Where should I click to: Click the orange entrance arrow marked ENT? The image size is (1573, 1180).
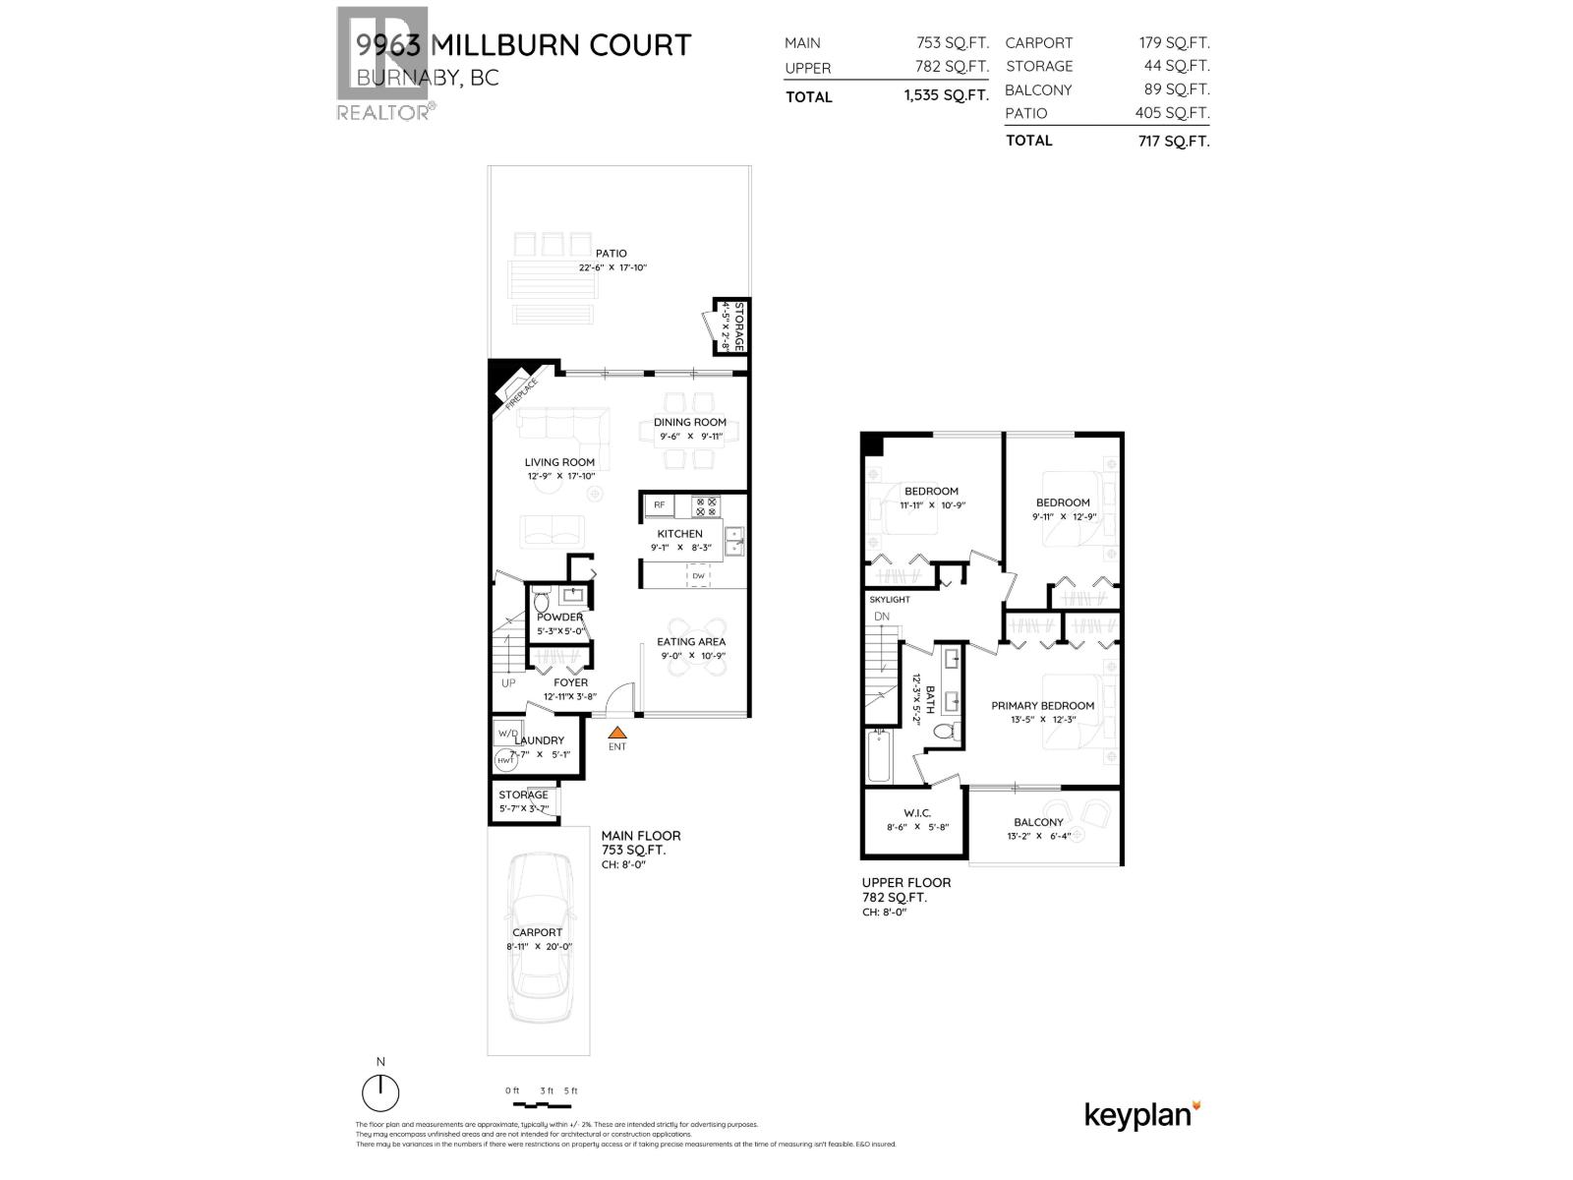click(x=616, y=733)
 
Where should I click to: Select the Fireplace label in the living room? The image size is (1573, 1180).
click(x=520, y=393)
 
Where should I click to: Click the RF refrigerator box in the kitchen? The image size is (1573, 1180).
click(x=659, y=505)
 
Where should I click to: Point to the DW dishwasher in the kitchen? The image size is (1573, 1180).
click(x=698, y=576)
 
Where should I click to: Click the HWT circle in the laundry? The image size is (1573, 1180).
click(x=506, y=760)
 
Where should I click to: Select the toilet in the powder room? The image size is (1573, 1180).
click(x=542, y=601)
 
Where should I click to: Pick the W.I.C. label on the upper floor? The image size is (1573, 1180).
click(x=916, y=813)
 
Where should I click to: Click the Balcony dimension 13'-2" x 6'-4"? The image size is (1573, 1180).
click(x=1038, y=837)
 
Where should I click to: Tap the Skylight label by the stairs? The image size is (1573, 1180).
click(x=890, y=599)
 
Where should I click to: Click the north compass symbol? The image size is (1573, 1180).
click(x=380, y=1092)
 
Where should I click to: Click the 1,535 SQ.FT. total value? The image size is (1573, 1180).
click(x=946, y=96)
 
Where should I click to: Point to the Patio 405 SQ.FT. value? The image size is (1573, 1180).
click(x=1172, y=113)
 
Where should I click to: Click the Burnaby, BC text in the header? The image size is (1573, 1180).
click(x=428, y=79)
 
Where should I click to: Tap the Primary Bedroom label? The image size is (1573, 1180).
click(x=1042, y=705)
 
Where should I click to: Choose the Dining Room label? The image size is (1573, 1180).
click(x=690, y=422)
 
